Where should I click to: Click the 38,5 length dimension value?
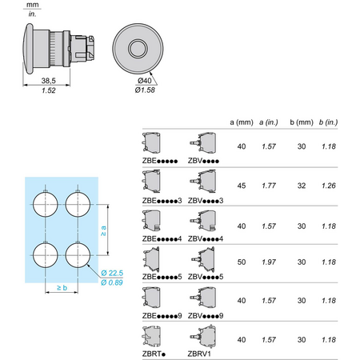click(49, 81)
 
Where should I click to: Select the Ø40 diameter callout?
click(145, 81)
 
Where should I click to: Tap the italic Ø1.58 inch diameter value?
click(145, 90)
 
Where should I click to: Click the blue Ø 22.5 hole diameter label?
click(112, 273)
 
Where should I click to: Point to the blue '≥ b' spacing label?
click(62, 287)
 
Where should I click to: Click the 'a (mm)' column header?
click(242, 122)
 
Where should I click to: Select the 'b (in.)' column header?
click(328, 122)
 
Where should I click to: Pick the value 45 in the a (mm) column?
click(242, 186)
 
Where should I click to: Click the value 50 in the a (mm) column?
click(242, 262)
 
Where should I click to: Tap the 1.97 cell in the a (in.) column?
click(269, 262)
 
